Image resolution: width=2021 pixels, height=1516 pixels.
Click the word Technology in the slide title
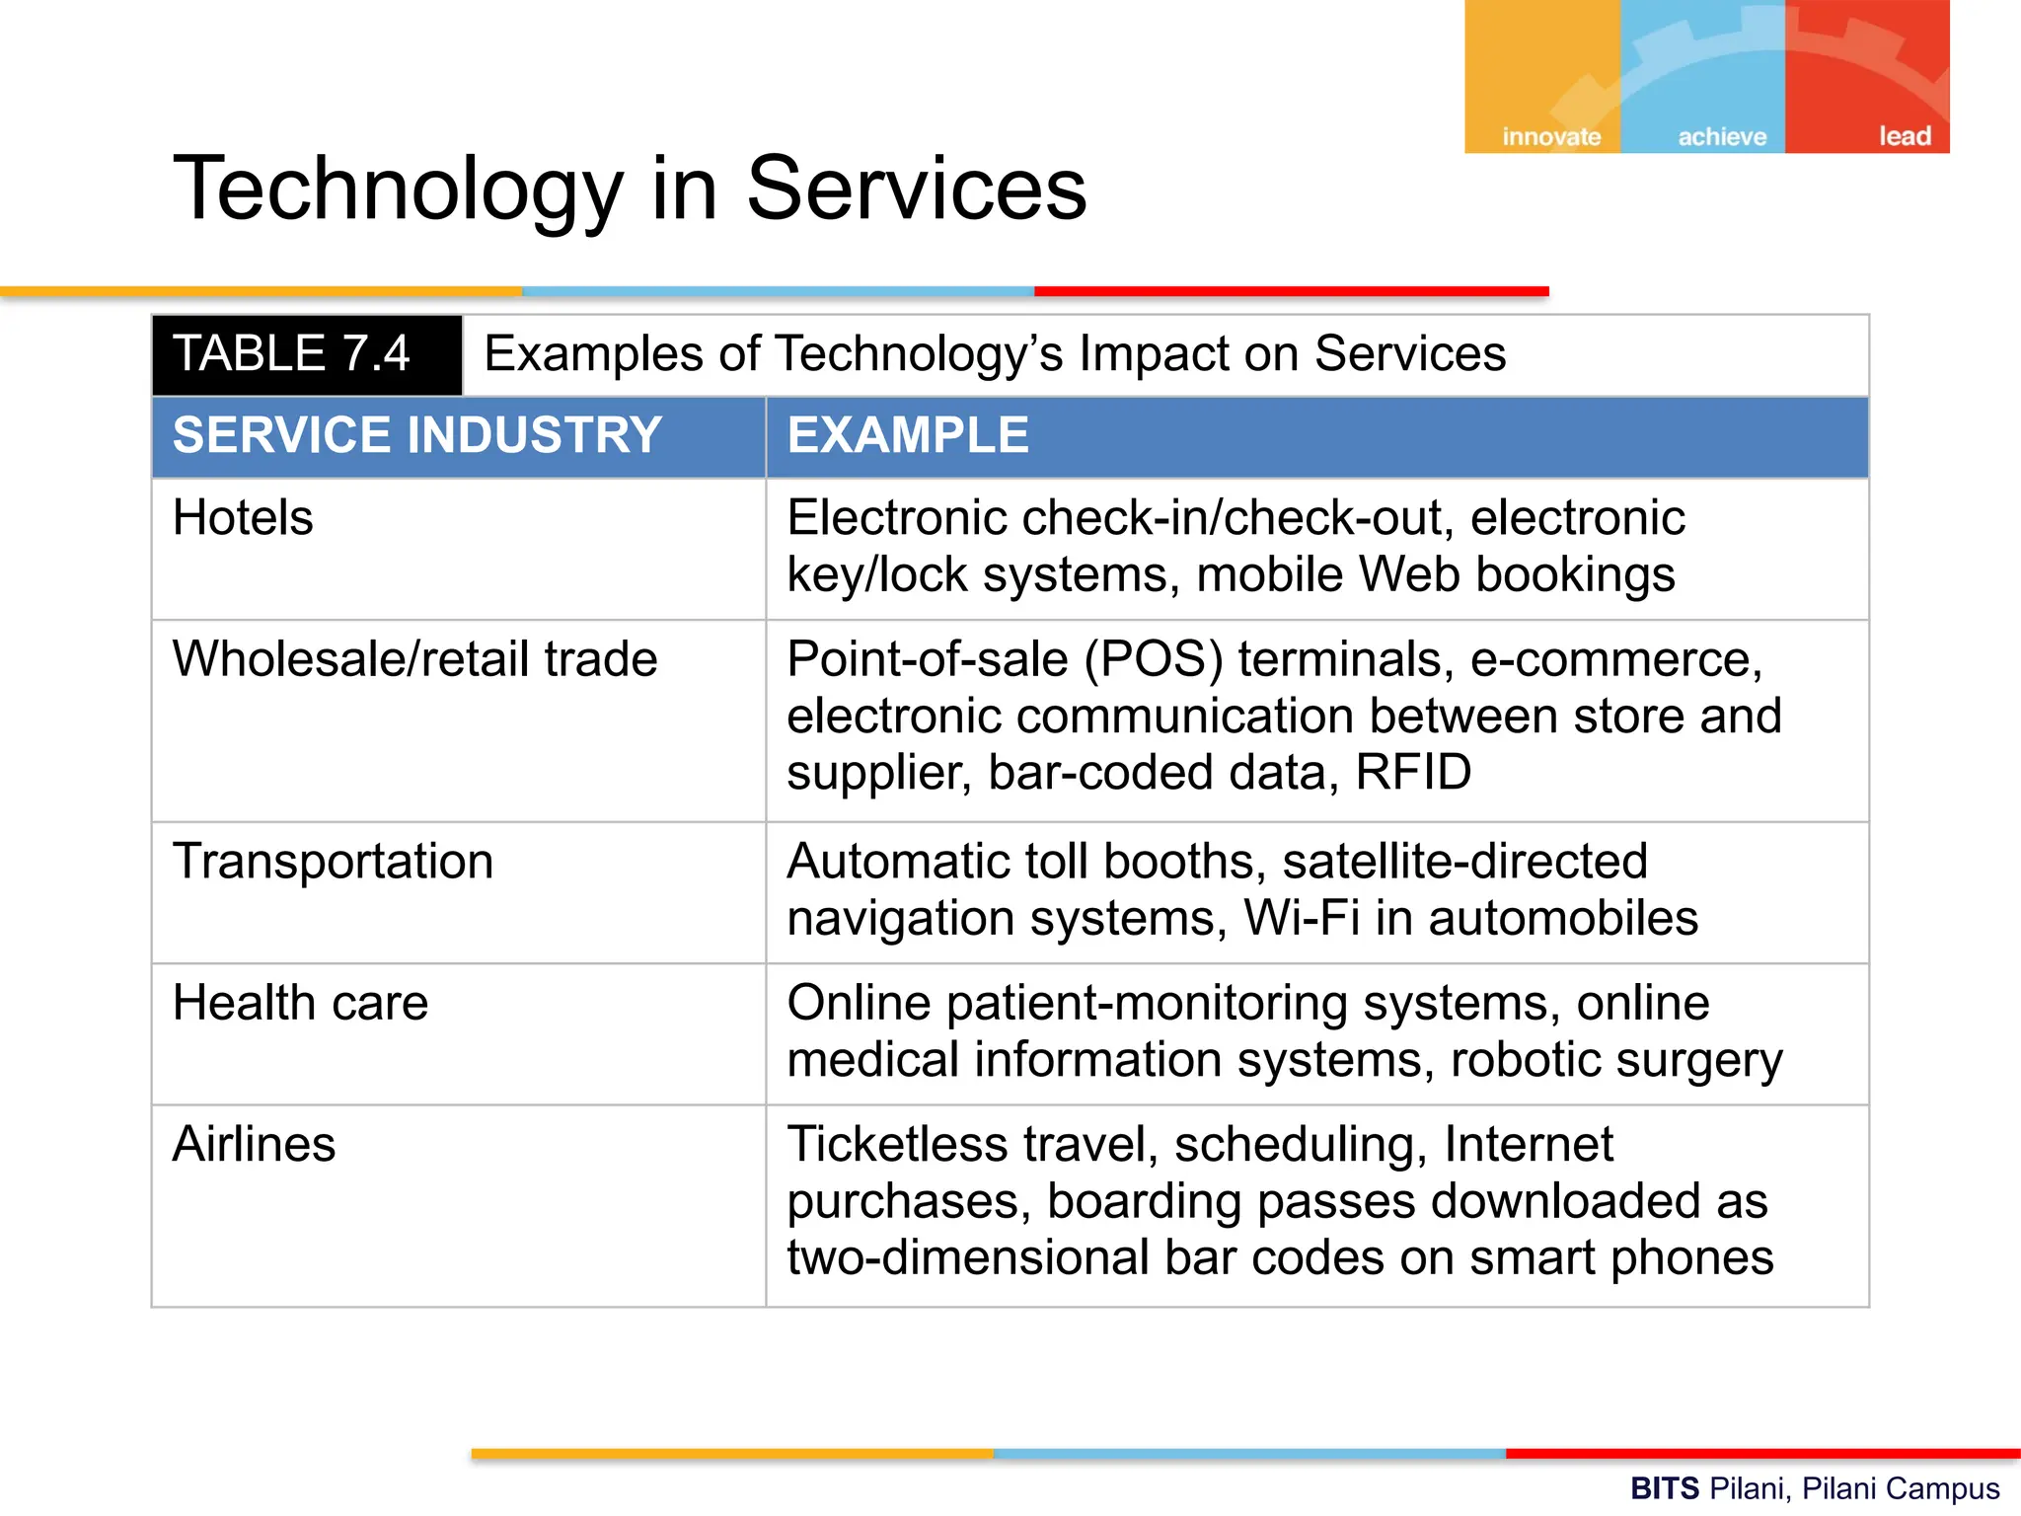click(x=398, y=189)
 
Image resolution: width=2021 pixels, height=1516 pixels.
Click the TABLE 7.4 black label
click(x=292, y=354)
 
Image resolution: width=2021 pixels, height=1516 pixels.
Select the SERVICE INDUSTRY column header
click(x=416, y=435)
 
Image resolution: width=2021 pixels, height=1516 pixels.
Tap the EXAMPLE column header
click(x=908, y=435)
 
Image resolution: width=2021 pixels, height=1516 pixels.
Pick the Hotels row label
click(x=243, y=517)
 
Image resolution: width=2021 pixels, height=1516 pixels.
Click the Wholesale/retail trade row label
click(x=414, y=658)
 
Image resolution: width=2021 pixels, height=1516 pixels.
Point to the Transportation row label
click(x=333, y=861)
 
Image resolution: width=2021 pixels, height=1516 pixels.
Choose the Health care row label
click(x=300, y=1003)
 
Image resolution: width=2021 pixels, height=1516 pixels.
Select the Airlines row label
click(x=254, y=1145)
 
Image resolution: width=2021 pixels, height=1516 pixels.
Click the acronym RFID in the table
click(x=1413, y=772)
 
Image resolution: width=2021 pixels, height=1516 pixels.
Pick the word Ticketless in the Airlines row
click(x=897, y=1145)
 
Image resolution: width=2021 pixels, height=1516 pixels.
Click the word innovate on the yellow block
click(x=1551, y=136)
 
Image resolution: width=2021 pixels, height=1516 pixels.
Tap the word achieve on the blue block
click(x=1722, y=136)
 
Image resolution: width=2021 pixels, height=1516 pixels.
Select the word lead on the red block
click(x=1904, y=136)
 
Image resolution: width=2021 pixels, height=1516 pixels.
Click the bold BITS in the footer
click(x=1665, y=1487)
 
